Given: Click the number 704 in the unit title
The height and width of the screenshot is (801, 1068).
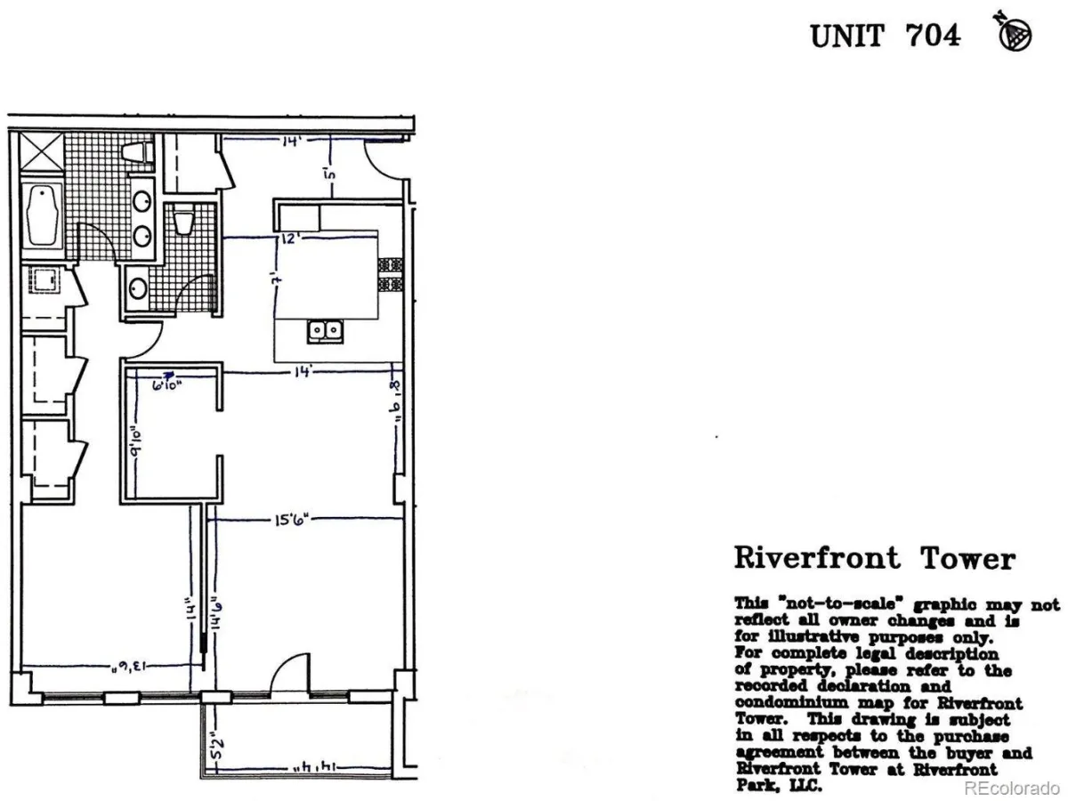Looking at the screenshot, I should [x=933, y=36].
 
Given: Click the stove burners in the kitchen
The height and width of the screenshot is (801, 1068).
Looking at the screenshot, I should [x=390, y=275].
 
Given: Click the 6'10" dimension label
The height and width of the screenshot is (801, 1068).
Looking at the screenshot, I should [x=166, y=385].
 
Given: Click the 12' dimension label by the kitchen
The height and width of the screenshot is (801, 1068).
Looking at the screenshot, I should [x=287, y=239].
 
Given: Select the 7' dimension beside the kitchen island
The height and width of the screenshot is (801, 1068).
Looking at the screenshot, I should [x=279, y=278].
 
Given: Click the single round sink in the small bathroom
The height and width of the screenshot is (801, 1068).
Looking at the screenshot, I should [x=138, y=288].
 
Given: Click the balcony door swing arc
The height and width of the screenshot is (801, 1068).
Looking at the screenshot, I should [x=288, y=673].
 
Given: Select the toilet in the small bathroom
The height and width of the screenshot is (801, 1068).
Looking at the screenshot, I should [x=184, y=220].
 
